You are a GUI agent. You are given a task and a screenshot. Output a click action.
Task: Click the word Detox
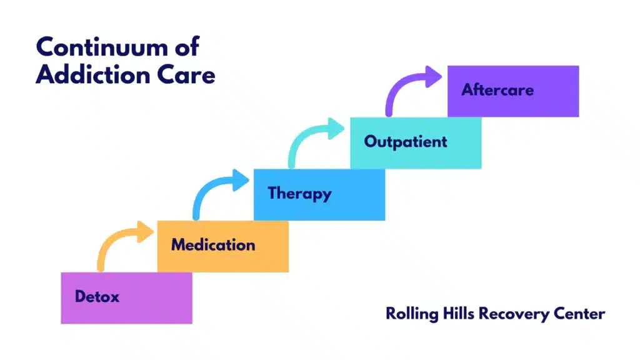97,296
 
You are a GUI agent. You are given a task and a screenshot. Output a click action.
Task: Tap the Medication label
213,244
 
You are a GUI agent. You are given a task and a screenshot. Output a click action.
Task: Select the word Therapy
299,193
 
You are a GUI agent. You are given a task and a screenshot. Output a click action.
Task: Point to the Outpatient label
406,141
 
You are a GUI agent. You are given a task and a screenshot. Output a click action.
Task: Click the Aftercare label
497,90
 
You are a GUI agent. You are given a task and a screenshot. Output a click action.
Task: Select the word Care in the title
186,75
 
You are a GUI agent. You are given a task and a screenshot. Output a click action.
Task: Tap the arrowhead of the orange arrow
144,233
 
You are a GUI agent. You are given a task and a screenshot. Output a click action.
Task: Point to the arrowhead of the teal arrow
336,130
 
